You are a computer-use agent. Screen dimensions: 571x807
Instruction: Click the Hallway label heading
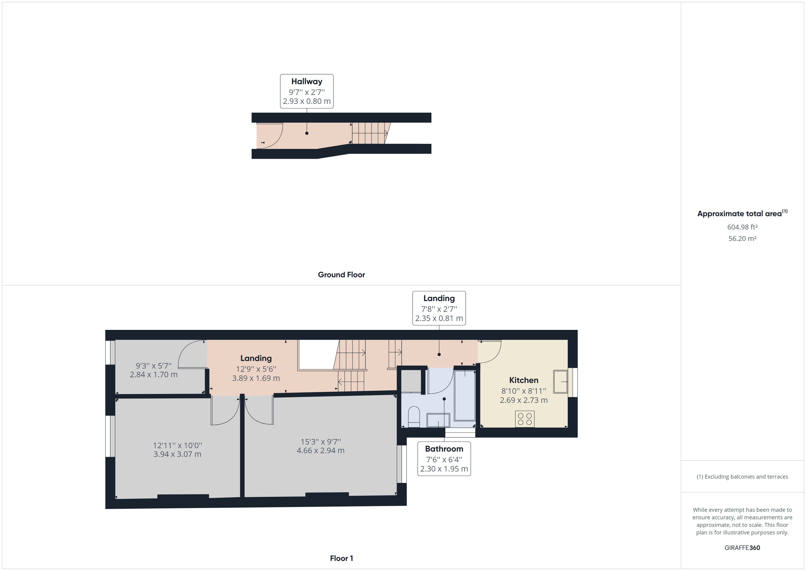click(307, 82)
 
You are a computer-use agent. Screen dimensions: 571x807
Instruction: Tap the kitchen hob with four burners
click(525, 419)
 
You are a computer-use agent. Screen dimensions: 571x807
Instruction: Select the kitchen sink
click(560, 382)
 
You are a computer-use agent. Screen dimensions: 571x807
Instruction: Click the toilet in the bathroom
click(414, 417)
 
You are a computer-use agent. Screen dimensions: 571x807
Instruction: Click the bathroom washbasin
click(438, 420)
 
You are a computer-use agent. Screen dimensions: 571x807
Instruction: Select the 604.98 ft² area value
click(742, 227)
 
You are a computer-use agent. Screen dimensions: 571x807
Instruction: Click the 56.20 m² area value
click(742, 238)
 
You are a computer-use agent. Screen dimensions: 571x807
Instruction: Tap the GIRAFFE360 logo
click(742, 547)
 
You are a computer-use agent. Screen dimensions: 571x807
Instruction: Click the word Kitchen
click(523, 380)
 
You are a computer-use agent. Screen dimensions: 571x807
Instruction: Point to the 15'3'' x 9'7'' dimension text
click(320, 442)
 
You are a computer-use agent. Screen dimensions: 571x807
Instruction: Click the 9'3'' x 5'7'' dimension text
click(153, 366)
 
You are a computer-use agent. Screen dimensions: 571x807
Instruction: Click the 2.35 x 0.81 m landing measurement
click(439, 318)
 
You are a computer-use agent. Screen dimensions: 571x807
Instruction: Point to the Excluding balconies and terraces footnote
click(742, 477)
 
